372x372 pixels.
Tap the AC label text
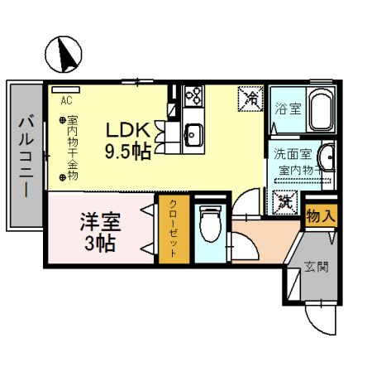[x=66, y=97]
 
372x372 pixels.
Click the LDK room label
[x=126, y=130]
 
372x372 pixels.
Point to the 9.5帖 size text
[x=127, y=152]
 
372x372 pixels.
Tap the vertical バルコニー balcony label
[x=24, y=155]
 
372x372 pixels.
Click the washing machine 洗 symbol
[x=284, y=200]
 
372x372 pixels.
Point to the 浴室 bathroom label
[x=288, y=108]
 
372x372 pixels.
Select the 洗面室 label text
[x=291, y=154]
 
